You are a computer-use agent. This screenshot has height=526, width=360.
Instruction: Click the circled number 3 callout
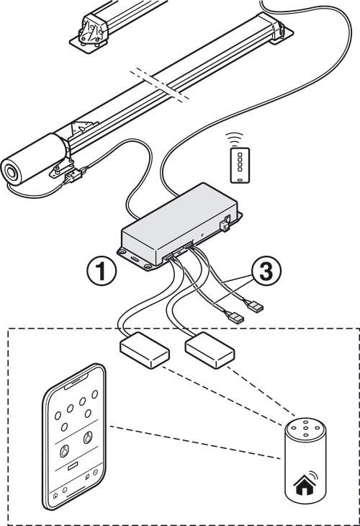(266, 271)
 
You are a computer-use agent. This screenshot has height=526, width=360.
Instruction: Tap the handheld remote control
(240, 166)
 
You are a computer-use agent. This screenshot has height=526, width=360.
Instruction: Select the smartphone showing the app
(74, 437)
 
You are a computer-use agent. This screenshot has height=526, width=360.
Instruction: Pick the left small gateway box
(145, 350)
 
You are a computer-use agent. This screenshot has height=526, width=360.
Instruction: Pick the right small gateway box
(210, 350)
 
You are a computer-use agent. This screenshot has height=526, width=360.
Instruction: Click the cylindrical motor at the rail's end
(34, 159)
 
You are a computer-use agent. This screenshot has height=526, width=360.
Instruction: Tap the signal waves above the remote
(234, 138)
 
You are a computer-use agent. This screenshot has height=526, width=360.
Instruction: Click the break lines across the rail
(160, 85)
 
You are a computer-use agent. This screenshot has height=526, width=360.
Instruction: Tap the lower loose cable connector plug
(234, 316)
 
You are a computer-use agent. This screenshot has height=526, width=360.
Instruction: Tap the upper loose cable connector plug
(255, 306)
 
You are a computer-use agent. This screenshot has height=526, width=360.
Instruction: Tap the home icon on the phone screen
(55, 495)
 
